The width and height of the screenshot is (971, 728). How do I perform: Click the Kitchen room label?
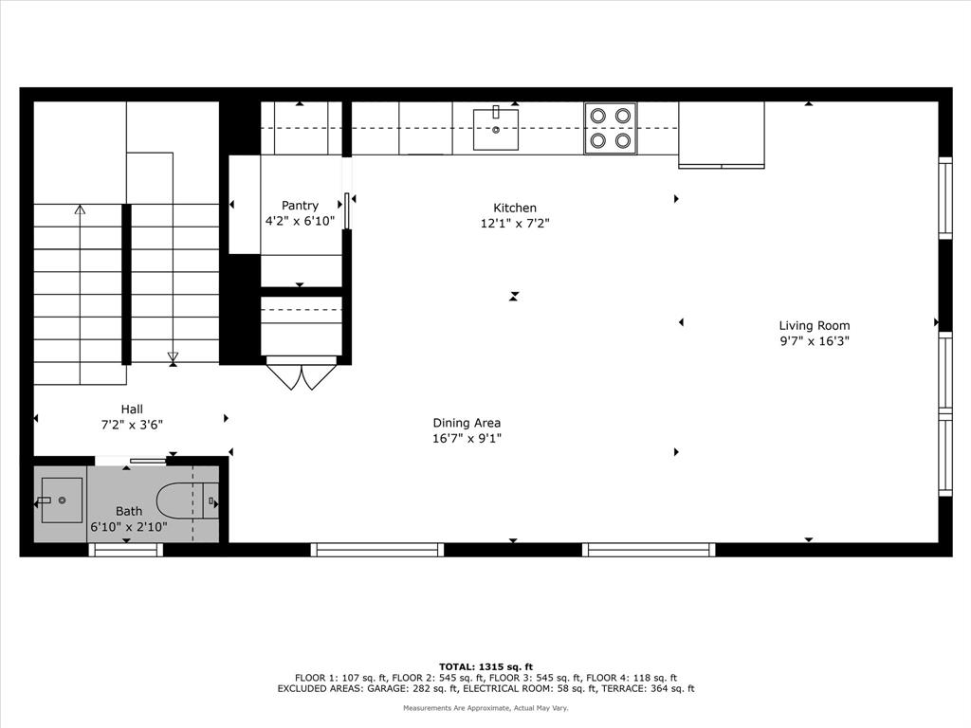[515, 208]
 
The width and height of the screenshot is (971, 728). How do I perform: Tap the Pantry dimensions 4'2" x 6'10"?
[300, 221]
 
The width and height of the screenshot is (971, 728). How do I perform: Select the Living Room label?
[815, 325]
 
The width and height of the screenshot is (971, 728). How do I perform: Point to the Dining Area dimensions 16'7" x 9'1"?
[467, 438]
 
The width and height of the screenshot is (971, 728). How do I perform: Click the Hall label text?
[132, 409]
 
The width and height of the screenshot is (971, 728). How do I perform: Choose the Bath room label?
[129, 511]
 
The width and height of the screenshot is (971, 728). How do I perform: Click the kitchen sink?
[496, 129]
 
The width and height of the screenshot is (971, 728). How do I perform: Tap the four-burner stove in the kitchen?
[611, 128]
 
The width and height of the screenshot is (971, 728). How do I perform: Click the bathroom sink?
[61, 500]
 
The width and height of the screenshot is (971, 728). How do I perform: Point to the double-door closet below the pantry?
[302, 373]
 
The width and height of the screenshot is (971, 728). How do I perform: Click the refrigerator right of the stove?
[722, 134]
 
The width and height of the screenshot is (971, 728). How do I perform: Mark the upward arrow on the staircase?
[80, 209]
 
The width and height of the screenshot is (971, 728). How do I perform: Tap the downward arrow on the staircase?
[173, 357]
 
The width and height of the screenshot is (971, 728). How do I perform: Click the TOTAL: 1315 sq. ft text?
[485, 666]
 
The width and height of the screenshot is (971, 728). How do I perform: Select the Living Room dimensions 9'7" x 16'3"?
[815, 341]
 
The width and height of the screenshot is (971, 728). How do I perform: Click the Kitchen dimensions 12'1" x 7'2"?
[515, 224]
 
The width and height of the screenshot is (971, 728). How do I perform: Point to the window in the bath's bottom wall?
[126, 550]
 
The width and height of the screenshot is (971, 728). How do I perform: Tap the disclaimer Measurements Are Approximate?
[485, 708]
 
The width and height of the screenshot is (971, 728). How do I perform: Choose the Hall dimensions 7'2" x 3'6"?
[132, 426]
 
